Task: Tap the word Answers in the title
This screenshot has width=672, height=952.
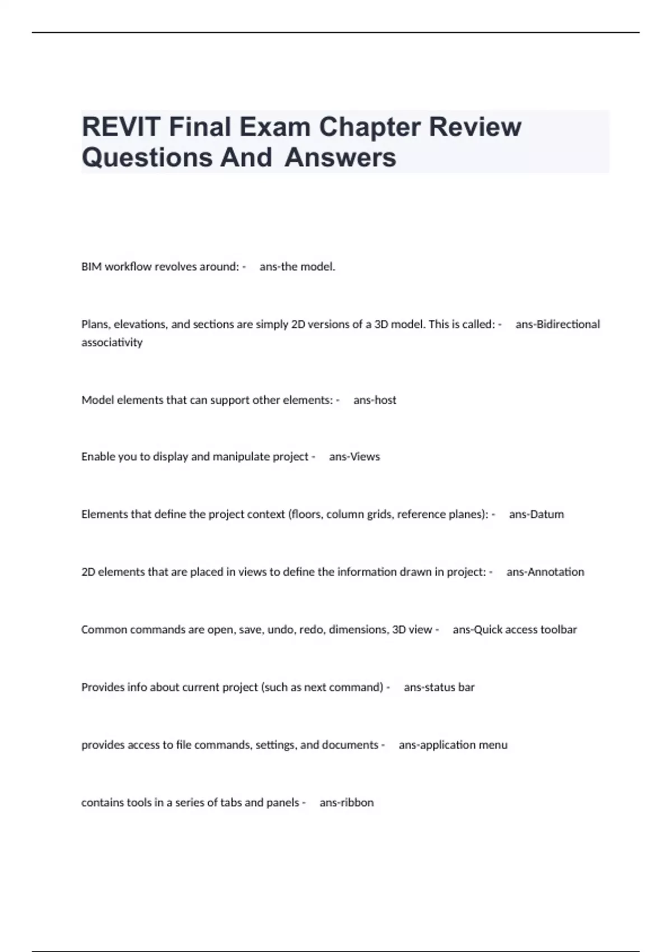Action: coord(340,157)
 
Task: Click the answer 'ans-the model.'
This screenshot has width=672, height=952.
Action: coord(297,267)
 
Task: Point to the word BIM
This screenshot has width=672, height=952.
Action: coord(92,267)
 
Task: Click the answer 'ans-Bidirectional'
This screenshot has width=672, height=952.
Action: coord(557,324)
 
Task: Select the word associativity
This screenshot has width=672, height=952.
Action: coord(112,342)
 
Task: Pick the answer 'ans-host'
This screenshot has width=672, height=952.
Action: coord(375,400)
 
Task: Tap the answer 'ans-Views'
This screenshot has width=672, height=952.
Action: coord(354,456)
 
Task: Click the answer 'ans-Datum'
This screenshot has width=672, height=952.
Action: coord(536,514)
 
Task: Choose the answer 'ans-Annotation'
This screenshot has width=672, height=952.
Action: coord(545,572)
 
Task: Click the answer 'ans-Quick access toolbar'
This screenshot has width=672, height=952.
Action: coord(515,629)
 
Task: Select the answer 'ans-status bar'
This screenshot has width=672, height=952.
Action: coord(439,687)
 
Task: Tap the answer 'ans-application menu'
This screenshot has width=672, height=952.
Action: coord(453,745)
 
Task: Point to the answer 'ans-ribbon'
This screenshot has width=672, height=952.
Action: coord(347,802)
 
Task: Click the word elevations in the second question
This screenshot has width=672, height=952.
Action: coord(139,324)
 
